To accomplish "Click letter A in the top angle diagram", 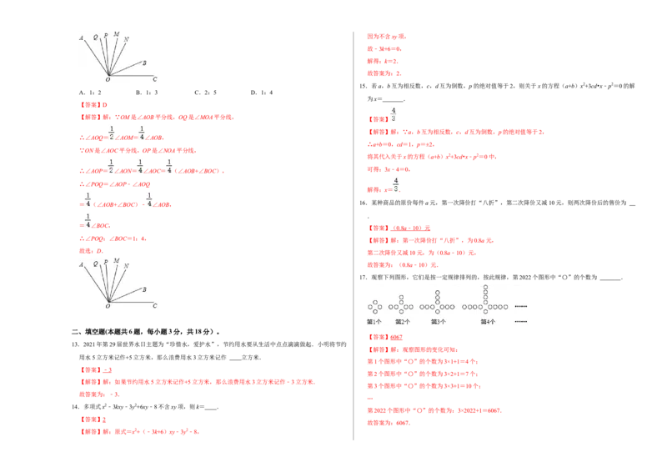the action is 80,38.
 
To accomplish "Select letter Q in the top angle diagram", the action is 96,38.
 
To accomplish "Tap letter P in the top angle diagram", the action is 105,36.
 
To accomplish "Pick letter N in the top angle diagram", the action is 126,39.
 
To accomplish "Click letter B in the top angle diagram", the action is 144,63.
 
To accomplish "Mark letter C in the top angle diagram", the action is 154,79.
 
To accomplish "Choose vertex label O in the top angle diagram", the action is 108,80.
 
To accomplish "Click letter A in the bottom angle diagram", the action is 80,264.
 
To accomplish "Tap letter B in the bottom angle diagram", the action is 144,289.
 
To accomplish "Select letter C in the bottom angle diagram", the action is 154,306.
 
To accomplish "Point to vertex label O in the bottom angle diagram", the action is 108,307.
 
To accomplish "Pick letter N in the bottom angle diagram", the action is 126,266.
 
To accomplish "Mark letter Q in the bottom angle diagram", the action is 96,264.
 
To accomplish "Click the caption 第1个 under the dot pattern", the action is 374,321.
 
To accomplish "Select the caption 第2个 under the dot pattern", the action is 403,321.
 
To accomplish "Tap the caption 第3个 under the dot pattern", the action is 438,321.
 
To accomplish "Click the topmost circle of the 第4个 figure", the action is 486,285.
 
